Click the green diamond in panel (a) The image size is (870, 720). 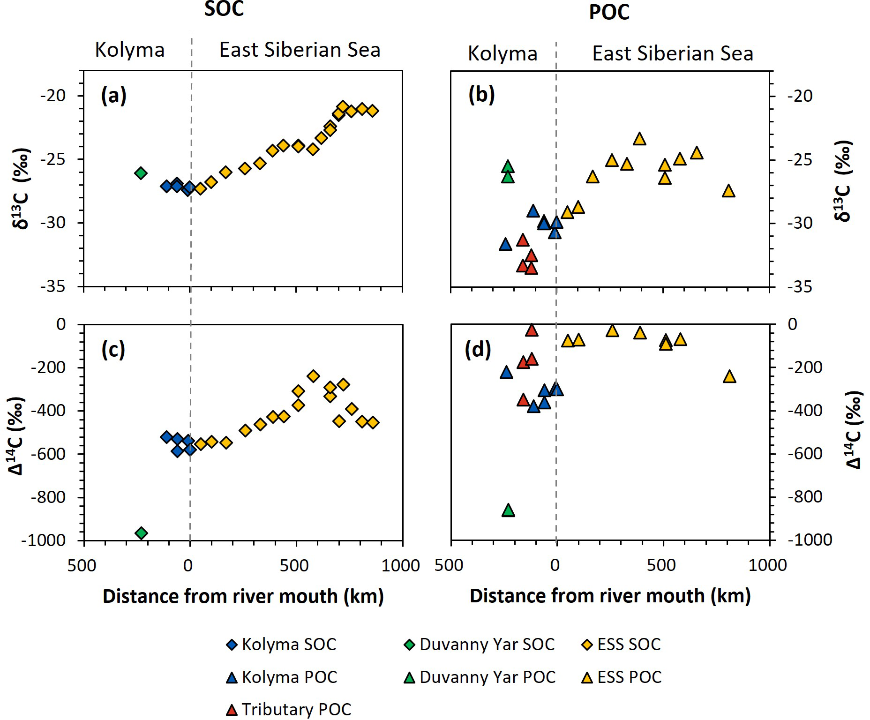tap(141, 173)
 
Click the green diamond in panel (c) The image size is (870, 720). tap(141, 533)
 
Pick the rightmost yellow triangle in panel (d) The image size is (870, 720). tap(729, 376)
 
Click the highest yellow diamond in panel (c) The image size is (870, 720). tap(313, 375)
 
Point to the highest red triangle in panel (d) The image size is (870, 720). tap(531, 330)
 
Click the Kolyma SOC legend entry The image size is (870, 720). tap(281, 645)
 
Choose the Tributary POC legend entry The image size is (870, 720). tap(289, 709)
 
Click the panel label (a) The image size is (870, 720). tap(114, 96)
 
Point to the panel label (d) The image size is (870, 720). tap(477, 350)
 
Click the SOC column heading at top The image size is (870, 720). tap(224, 9)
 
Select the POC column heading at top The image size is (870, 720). tap(609, 12)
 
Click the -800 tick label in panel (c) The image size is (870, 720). tap(49, 497)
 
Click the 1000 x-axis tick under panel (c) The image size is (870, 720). tap(401, 565)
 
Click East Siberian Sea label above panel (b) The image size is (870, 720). tap(673, 53)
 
